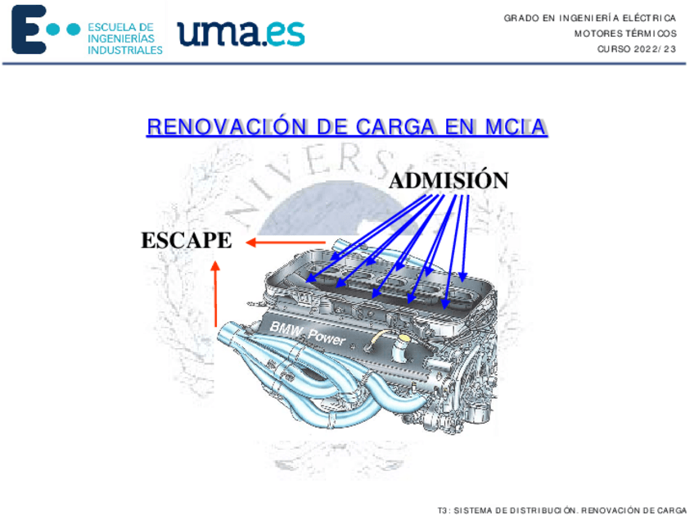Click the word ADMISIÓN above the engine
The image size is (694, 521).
coord(448,180)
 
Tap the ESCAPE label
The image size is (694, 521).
coord(186,241)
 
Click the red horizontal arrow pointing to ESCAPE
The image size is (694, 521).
coord(286,242)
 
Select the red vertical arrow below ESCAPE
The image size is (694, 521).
coord(215,295)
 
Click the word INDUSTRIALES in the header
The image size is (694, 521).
coord(125,50)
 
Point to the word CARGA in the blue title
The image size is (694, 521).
coord(396,128)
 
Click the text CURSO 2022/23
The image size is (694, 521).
coord(637,49)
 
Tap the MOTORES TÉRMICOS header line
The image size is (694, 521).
coord(625,34)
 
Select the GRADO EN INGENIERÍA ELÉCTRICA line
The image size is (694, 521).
coord(589,17)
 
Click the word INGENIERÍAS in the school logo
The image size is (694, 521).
coord(120,39)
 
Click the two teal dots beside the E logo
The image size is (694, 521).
coord(64,29)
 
